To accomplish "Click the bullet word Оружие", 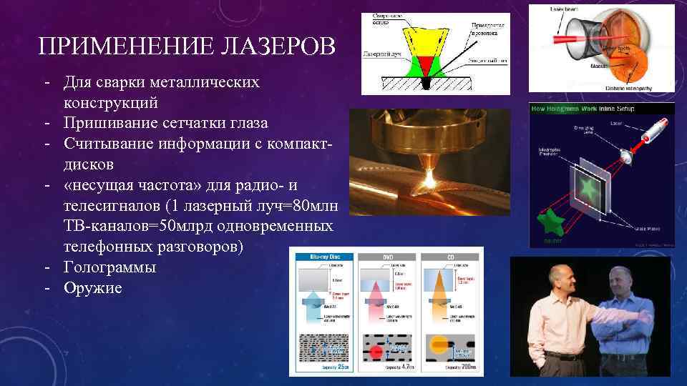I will point(92,288).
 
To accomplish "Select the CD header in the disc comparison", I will point(451,256).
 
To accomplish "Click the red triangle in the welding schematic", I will point(429,66).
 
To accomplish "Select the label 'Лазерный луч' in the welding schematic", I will point(380,54).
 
